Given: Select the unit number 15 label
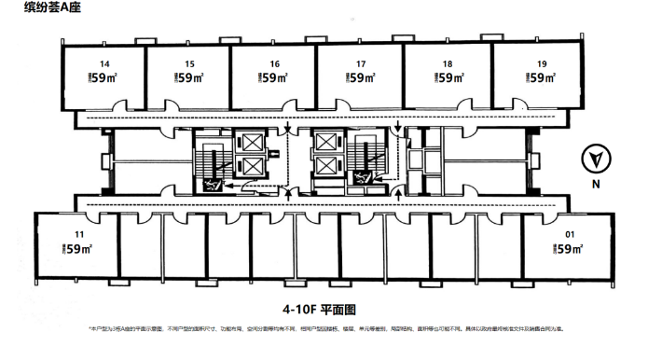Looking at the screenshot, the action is point(189,64).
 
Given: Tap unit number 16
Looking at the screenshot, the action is point(274,64).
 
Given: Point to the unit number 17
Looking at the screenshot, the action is point(361,64).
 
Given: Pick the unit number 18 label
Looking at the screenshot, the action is point(448,64).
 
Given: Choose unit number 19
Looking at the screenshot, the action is point(541,64).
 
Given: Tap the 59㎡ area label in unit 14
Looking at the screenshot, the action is point(103,79).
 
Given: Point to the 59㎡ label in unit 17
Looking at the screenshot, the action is point(363,79).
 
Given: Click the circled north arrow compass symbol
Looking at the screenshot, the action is point(593,160).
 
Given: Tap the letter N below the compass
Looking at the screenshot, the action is point(593,184).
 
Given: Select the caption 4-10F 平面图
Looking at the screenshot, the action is point(321,308).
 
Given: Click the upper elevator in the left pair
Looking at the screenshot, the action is point(252,145).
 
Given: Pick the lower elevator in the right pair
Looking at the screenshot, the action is point(326,168).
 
